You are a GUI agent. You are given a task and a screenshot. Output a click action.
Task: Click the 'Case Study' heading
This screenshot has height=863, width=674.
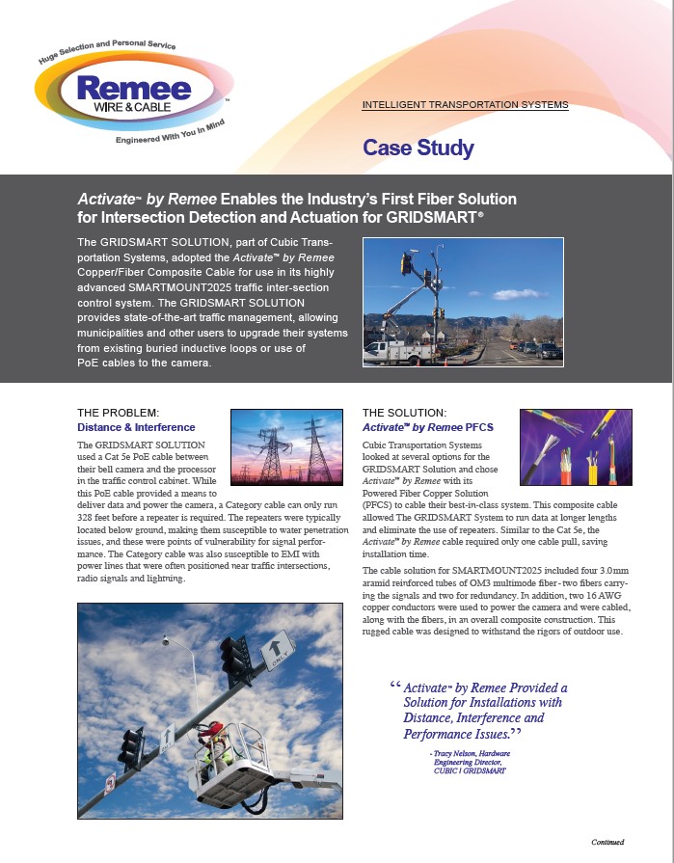pos(418,148)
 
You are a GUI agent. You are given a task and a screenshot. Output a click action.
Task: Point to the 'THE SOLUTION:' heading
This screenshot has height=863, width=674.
pos(404,413)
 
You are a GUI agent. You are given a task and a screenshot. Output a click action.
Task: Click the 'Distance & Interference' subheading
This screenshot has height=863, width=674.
pos(136,427)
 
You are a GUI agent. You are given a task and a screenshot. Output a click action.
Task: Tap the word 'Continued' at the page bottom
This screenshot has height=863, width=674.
pos(607,842)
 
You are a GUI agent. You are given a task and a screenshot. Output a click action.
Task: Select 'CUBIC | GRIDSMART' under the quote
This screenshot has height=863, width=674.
pos(467,770)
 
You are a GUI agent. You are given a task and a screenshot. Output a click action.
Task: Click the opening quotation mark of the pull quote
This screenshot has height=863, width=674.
pos(395,687)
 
